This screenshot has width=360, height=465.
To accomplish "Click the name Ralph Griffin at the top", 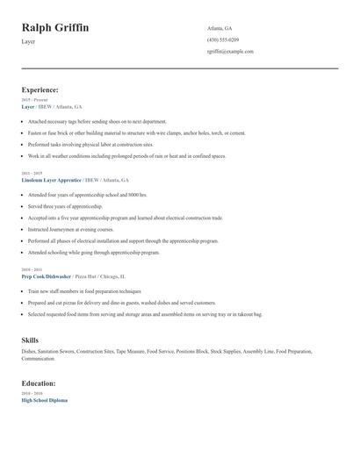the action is pos(54,28).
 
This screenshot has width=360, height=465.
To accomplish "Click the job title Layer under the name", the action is pos(29,41).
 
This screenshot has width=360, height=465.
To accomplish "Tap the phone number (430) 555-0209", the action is pos(223,39).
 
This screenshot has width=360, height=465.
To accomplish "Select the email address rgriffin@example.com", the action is pos(230,51).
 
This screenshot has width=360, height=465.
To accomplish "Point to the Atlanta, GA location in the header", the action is pos(219,28).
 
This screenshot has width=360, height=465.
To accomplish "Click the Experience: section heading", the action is pos(40,89).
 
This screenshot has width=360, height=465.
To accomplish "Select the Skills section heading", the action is pos(30,339).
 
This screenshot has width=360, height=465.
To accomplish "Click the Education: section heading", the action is pos(39,383).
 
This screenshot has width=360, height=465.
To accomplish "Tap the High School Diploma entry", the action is pos(44,400).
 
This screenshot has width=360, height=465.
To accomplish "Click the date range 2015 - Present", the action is pos(35,100).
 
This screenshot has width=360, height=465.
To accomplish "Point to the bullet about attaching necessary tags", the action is pos(97,121).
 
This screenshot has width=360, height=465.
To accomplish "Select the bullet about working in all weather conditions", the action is pos(126,155).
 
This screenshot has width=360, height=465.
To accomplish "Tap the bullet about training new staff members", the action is pos(84,290).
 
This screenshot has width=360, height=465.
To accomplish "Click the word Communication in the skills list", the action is pos(38,358).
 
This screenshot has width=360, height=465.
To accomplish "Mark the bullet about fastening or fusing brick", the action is pos(136,132).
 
